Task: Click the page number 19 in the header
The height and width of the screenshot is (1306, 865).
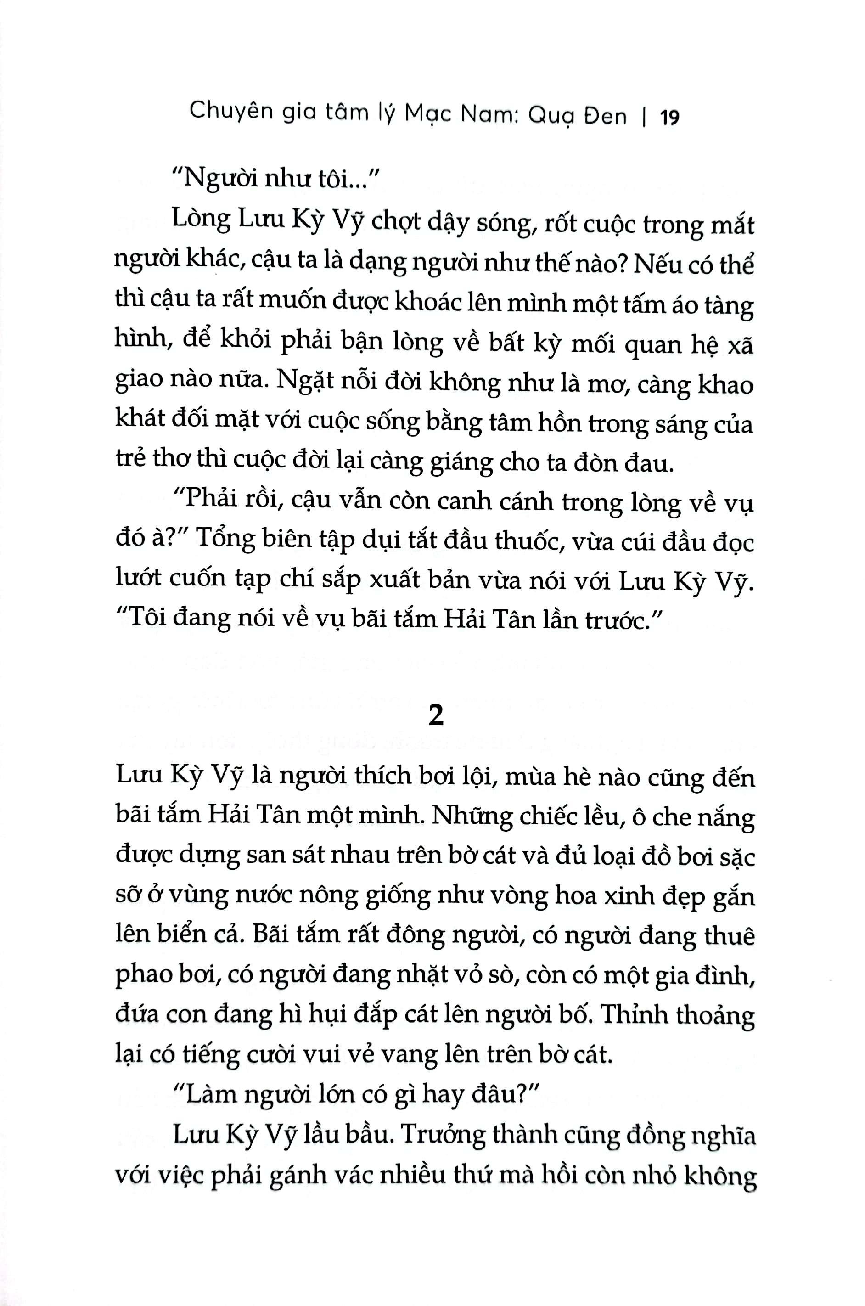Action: (669, 118)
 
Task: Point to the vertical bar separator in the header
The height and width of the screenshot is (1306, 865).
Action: (644, 118)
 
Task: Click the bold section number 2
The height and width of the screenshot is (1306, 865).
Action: (436, 717)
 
